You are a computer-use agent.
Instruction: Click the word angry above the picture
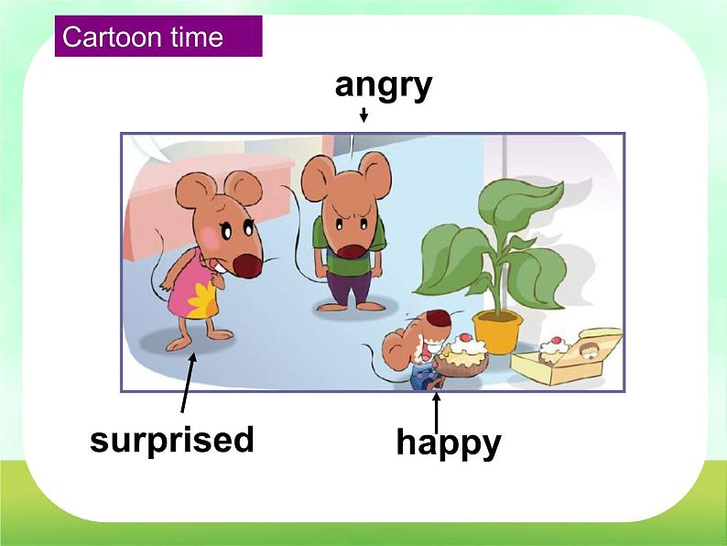click(384, 87)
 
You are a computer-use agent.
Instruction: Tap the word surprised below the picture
click(172, 441)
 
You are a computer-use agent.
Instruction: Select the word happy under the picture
click(449, 443)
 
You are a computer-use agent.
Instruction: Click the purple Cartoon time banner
click(158, 36)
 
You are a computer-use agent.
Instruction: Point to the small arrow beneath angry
click(364, 115)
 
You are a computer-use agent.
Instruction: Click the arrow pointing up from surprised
click(188, 383)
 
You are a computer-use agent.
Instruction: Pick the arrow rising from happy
click(437, 413)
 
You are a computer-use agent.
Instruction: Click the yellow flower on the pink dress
click(202, 300)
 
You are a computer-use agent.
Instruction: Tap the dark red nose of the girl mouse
click(247, 266)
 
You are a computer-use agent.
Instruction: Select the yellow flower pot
click(497, 332)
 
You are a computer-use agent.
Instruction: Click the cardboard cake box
click(567, 357)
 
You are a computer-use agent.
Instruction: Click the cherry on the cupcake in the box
click(557, 340)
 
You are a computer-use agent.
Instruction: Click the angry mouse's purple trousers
click(348, 288)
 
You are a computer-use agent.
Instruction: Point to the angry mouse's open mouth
click(351, 252)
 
